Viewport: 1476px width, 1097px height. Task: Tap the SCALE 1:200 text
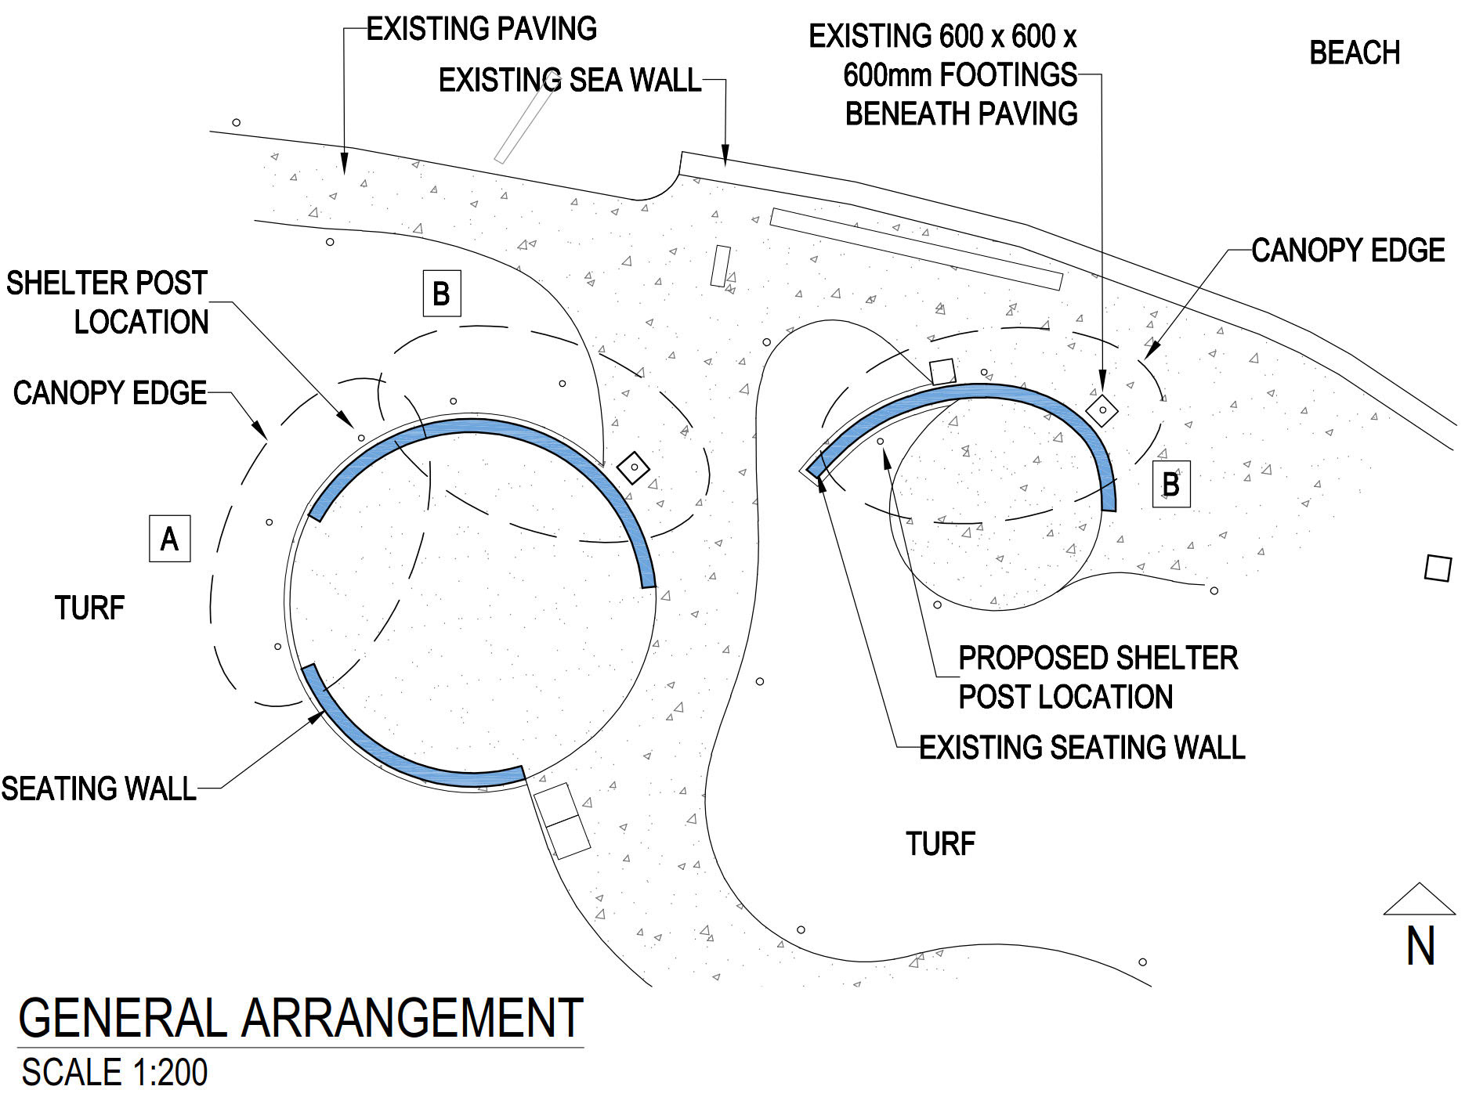coord(114,1073)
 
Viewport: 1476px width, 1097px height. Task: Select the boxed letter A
coord(169,539)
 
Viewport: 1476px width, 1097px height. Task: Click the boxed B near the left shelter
coord(442,294)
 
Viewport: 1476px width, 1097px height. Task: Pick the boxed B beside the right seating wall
coord(1171,485)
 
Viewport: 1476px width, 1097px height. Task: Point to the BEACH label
coord(1355,53)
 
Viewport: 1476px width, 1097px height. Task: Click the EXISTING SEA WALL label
coord(570,80)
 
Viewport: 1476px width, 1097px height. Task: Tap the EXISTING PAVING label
coord(481,29)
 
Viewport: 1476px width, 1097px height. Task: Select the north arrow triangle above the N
coord(1419,900)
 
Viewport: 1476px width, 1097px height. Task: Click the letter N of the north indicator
coord(1420,946)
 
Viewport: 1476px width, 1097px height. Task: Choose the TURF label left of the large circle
coord(89,608)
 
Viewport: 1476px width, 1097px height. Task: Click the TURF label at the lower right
coord(940,844)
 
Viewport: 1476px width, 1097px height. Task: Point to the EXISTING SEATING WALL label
coord(1082,748)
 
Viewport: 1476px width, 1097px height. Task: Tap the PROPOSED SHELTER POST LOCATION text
coord(1097,677)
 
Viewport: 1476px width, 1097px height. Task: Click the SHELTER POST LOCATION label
coord(107,302)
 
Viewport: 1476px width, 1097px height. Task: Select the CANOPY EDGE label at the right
coord(1348,251)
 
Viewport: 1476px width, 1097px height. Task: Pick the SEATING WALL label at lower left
coord(99,788)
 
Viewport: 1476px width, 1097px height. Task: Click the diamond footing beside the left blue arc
coord(634,467)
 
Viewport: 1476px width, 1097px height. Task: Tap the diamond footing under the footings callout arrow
coord(1102,410)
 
